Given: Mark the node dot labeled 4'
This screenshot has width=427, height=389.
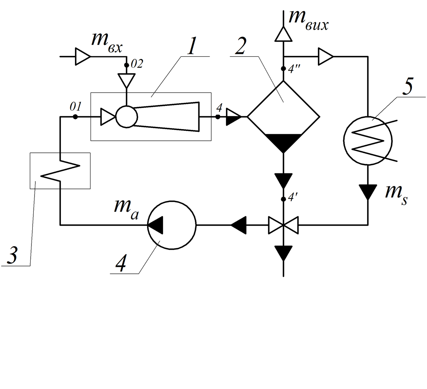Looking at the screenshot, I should (283, 199).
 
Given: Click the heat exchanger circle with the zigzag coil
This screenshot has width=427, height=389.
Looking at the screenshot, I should (367, 140).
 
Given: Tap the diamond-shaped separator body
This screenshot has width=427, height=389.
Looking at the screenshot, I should (283, 105).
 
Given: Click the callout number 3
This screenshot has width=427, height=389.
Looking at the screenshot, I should (11, 256).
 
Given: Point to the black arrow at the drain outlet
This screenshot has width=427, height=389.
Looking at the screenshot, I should (283, 253).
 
